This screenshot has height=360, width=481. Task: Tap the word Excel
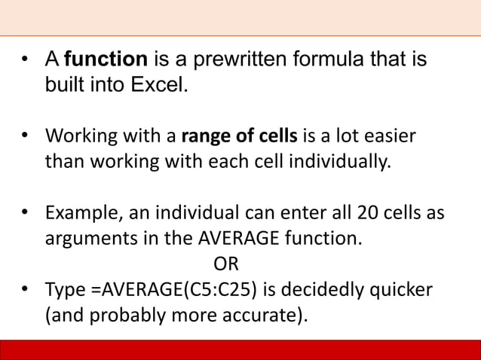click(x=158, y=84)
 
